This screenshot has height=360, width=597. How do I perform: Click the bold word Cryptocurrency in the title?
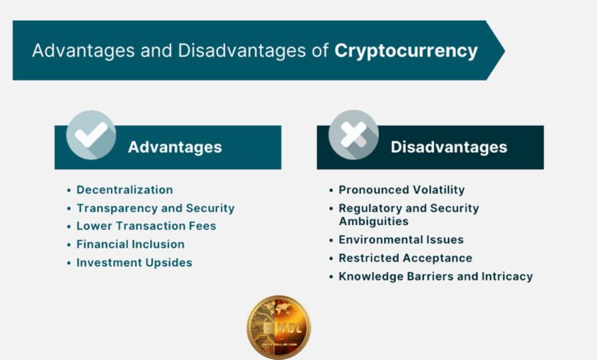coord(406,51)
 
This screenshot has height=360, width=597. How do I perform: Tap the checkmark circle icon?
coord(91,135)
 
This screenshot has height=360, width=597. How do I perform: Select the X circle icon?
coord(354,135)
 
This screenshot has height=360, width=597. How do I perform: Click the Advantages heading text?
coord(175,147)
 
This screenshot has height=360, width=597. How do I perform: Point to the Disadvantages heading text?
coord(449,147)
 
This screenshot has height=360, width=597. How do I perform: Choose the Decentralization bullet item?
coord(125,190)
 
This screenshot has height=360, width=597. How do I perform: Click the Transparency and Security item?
coord(155,208)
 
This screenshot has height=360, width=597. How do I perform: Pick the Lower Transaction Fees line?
coord(146,226)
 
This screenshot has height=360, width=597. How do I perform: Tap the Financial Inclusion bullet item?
coord(130,244)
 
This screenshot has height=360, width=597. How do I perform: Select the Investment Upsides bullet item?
coord(134,263)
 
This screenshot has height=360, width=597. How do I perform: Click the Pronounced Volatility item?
coord(402,190)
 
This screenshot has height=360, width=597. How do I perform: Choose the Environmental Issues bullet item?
coord(401,240)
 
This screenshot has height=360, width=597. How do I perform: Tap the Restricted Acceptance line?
coord(406,258)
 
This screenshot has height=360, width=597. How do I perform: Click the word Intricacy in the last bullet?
coord(506,277)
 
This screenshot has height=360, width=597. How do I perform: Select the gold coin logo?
coord(279,327)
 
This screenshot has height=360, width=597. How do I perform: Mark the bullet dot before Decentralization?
coord(69,190)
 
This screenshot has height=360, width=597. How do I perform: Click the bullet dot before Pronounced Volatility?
coord(331,190)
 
